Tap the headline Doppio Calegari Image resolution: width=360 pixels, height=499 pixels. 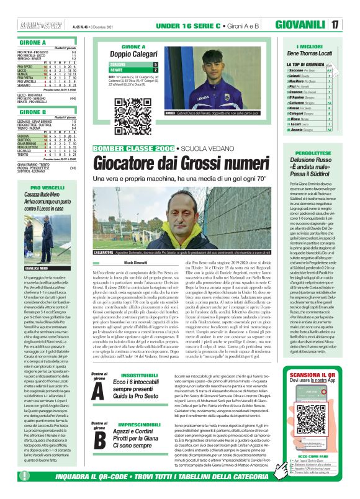133,53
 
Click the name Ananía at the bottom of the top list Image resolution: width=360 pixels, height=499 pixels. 295,129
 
